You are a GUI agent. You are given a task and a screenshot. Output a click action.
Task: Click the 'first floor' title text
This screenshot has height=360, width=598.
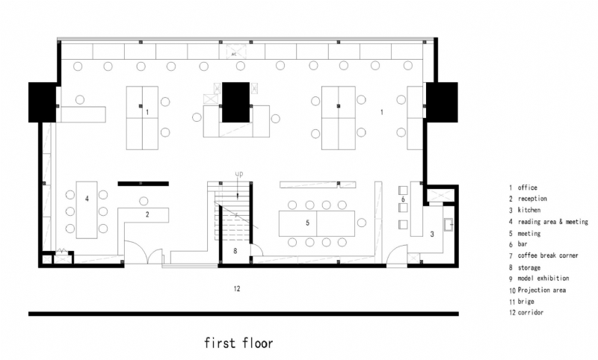click(x=239, y=343)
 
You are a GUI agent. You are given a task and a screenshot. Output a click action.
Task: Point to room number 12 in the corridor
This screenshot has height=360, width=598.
click(x=236, y=288)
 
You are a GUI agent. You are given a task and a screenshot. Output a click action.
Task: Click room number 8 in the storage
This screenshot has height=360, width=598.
click(x=235, y=250)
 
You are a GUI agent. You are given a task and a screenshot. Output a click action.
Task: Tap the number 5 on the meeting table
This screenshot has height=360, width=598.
click(x=307, y=223)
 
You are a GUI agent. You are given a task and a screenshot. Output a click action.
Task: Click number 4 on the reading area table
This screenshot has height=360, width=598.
click(x=87, y=199)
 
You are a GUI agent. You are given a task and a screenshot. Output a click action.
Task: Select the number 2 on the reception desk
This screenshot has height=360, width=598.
click(x=147, y=215)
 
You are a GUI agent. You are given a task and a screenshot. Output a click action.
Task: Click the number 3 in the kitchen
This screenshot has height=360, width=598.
click(x=432, y=235)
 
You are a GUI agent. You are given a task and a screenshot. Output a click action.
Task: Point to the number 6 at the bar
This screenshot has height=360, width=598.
click(x=403, y=199)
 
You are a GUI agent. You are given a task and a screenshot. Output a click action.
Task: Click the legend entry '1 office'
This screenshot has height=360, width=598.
click(x=523, y=188)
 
